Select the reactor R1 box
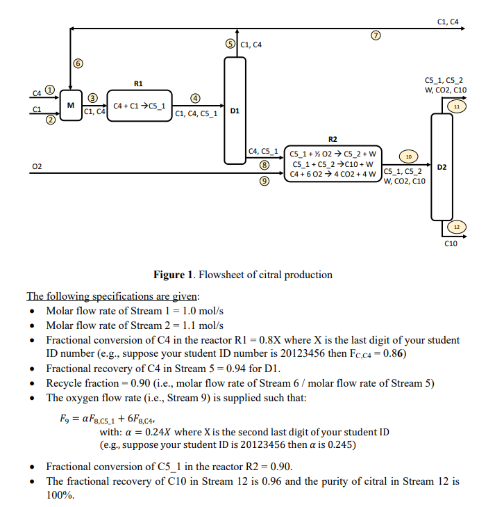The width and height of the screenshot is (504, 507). (138, 105)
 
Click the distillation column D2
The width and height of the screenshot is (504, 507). (442, 166)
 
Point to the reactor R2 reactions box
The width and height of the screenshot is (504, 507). (334, 163)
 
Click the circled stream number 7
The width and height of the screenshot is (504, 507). (377, 35)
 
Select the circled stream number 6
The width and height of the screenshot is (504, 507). (78, 63)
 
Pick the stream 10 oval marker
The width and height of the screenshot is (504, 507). (408, 156)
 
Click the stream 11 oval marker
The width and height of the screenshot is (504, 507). (456, 106)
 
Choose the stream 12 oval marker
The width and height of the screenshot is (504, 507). (456, 227)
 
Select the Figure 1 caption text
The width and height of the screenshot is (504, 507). (242, 274)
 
